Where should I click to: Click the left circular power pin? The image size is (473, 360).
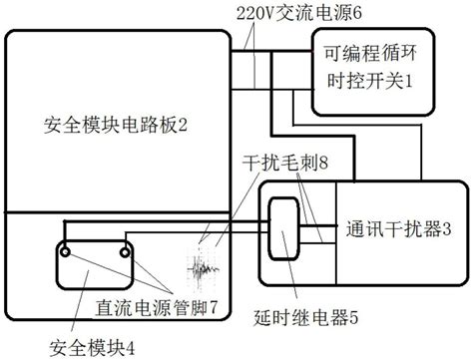click(66, 254)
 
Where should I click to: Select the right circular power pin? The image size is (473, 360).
click(126, 254)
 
